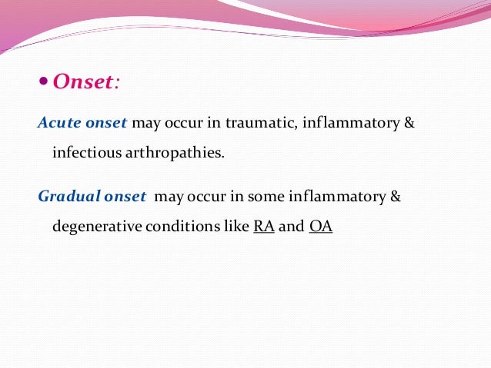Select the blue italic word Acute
58,123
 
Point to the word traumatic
249,123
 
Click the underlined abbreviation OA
320,227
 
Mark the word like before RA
235,227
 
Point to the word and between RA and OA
291,227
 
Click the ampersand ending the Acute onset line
409,123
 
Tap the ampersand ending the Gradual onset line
396,197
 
